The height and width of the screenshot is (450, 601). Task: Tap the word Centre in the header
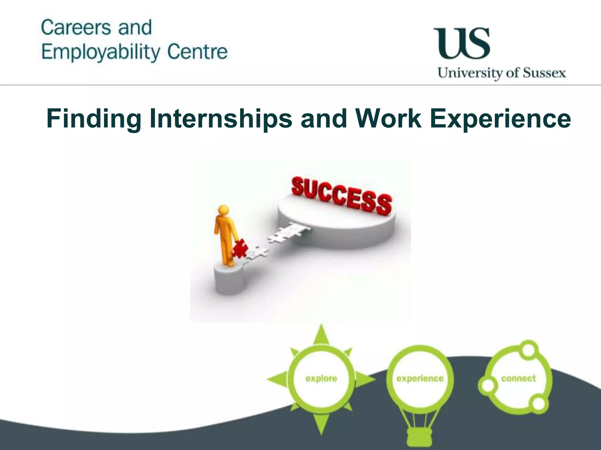click(x=197, y=52)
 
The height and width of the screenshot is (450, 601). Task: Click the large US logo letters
click(x=462, y=43)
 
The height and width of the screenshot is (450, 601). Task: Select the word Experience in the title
click(x=500, y=119)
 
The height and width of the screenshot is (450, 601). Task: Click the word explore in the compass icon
click(x=321, y=379)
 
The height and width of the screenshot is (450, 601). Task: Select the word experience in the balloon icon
click(x=420, y=379)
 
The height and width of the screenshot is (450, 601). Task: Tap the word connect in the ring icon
click(x=518, y=378)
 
